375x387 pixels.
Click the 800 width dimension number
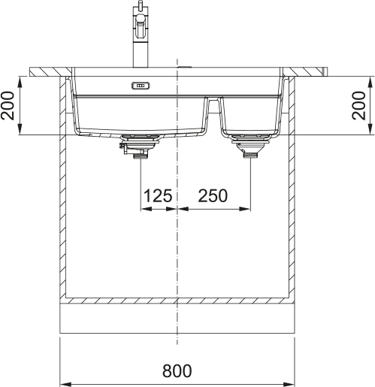coord(177,370)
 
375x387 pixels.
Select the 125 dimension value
coord(157,196)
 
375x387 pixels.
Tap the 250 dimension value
coord(213,196)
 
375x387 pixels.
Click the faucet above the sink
coord(140,34)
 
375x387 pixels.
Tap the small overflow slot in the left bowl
coord(141,86)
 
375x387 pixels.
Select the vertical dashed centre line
coord(177,248)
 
